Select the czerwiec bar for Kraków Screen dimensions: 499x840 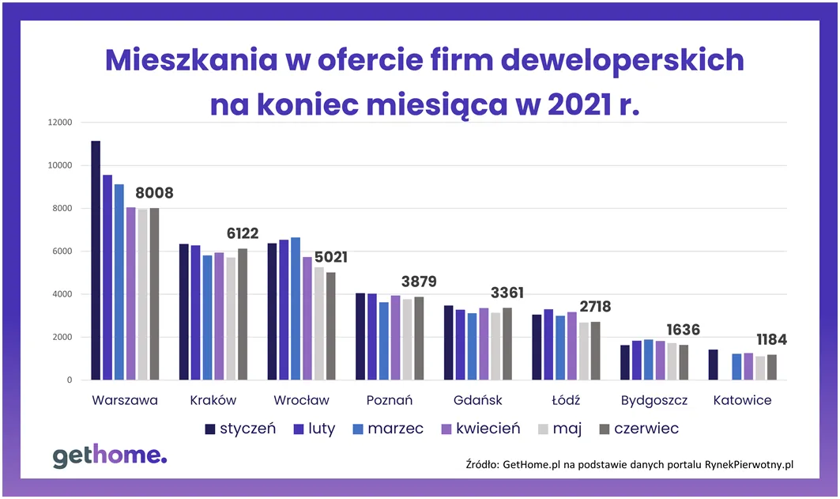[x=243, y=315]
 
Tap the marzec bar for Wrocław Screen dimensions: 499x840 [x=296, y=309]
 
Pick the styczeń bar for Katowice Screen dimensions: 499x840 [x=713, y=365]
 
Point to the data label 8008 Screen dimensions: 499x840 [x=154, y=193]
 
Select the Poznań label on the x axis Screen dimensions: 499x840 [x=390, y=400]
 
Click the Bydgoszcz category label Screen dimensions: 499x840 [x=654, y=400]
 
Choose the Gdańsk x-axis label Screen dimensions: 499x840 [x=478, y=400]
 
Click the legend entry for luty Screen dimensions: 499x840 [x=313, y=429]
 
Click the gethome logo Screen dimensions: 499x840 [x=110, y=456]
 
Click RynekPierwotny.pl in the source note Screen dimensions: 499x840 [x=748, y=465]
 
